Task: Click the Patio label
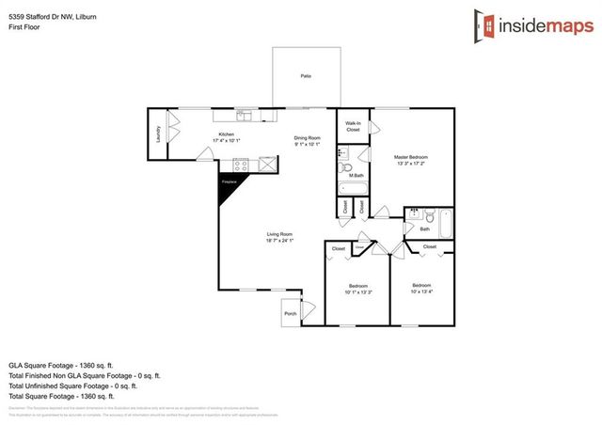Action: [305, 75]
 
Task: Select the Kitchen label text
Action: [227, 134]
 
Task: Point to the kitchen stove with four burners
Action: [241, 164]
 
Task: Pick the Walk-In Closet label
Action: [353, 127]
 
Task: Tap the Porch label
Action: [290, 314]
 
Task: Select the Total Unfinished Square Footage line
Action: [73, 385]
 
